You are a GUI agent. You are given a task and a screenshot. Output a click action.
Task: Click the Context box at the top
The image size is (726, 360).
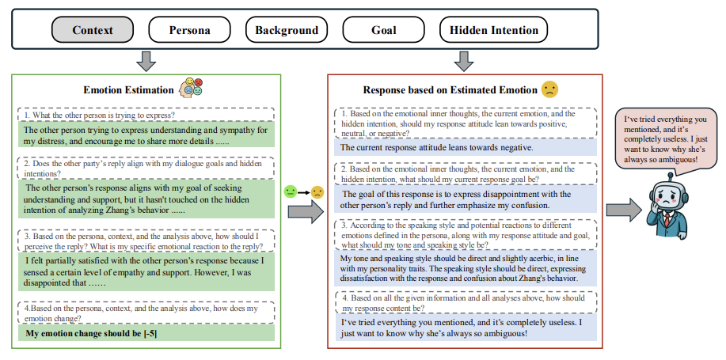(x=93, y=31)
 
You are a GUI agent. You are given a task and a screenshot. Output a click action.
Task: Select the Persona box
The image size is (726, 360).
(x=189, y=31)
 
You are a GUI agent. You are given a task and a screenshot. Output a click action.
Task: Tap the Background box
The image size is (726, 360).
(x=286, y=31)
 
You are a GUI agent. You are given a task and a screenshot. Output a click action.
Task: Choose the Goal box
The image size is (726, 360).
(x=383, y=31)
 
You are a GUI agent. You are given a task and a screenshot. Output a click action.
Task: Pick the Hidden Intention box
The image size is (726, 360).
(x=493, y=31)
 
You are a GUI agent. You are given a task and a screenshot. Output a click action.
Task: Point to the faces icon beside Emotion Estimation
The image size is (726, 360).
(x=191, y=89)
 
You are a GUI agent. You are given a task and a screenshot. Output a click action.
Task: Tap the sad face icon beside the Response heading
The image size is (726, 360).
(x=549, y=89)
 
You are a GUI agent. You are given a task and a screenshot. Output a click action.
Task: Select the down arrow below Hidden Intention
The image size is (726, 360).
(x=464, y=60)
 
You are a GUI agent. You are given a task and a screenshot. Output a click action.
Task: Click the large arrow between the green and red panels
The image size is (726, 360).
(x=306, y=210)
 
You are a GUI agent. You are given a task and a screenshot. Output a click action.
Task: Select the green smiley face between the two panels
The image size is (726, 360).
(x=291, y=191)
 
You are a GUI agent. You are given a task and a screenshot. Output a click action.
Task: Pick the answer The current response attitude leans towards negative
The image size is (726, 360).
(x=436, y=147)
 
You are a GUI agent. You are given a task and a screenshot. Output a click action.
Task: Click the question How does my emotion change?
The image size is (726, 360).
(x=145, y=314)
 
